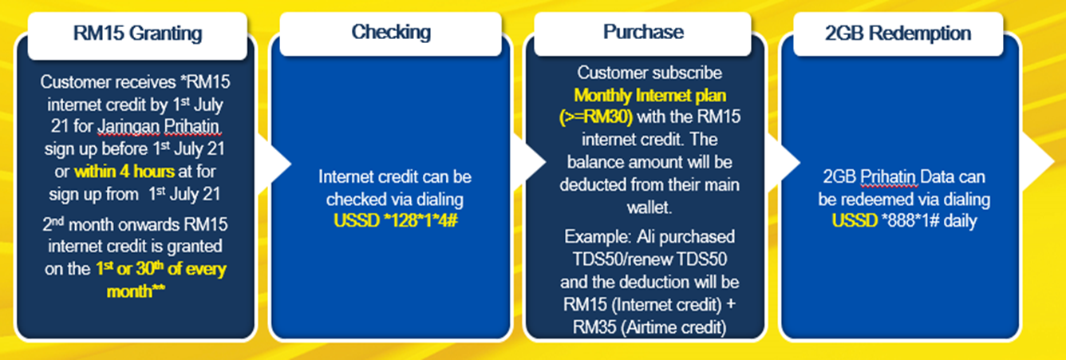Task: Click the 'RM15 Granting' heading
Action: pos(137,34)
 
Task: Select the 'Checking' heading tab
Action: pos(391,33)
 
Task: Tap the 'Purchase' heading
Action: pos(643,32)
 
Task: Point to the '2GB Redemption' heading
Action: pos(898,34)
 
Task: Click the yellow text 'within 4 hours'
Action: pos(124,172)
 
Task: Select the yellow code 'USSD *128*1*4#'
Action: pos(396,221)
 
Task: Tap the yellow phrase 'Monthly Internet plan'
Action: pos(650,96)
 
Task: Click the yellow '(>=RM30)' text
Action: pos(596,117)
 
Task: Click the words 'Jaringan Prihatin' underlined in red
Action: pos(159,127)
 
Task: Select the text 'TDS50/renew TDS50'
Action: pos(649,259)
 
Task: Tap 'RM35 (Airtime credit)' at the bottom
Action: pos(649,327)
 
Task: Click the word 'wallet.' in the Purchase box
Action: pos(649,208)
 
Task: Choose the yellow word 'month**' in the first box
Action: pos(136,291)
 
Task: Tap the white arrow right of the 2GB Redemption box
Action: pos(1038,162)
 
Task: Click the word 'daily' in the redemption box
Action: pos(961,221)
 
